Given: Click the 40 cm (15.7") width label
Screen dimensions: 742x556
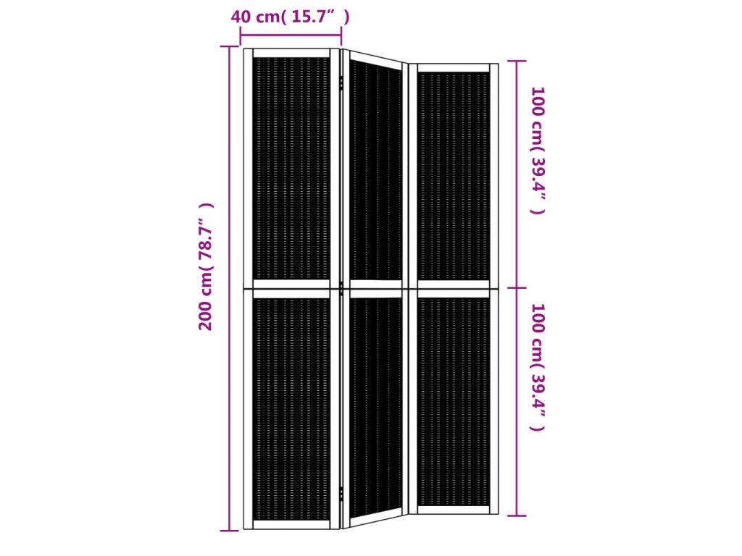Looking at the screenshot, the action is (290, 17).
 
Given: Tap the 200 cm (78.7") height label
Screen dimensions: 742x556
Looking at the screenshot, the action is (207, 266).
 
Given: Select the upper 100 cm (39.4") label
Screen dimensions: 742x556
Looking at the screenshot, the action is (537, 151).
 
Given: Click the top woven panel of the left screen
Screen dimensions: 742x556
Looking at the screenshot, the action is (291, 168).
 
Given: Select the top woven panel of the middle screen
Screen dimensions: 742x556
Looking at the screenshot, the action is (375, 172).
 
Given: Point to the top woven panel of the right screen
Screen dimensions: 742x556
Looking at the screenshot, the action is (454, 176).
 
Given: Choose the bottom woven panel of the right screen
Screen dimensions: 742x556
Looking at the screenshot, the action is (454, 403).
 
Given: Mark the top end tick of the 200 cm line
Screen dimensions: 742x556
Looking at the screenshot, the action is (229, 47).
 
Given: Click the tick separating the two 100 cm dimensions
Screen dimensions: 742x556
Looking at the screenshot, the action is (517, 287).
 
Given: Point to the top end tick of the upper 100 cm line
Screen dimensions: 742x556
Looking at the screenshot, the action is (517, 62).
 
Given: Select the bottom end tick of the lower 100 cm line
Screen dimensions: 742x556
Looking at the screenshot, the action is (517, 515).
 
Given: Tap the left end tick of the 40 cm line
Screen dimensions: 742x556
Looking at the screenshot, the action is (240, 34).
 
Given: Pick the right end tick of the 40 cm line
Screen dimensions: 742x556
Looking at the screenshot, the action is (341, 34).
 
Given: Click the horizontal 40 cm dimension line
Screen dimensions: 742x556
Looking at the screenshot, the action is (290, 34).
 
